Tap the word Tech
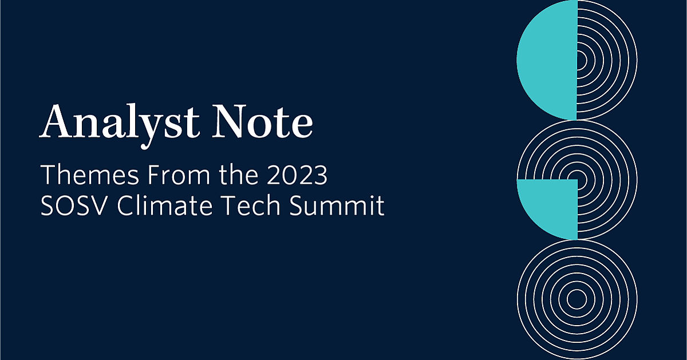[247, 207]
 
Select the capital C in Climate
[126, 207]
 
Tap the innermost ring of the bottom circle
[577, 299]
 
